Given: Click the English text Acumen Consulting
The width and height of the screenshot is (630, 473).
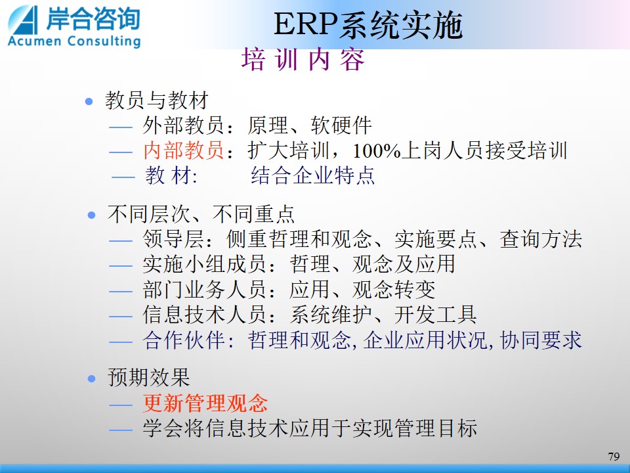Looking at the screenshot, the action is (x=74, y=41).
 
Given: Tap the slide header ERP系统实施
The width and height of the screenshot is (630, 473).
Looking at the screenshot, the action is (x=368, y=25).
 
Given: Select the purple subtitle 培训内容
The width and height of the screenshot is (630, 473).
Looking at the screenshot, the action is (x=303, y=60).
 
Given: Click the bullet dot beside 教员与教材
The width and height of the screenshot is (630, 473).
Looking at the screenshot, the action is (x=89, y=101).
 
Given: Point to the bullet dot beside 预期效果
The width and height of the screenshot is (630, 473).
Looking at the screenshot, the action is (x=92, y=378).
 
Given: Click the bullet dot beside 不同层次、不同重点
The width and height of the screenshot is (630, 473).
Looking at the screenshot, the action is (x=92, y=215).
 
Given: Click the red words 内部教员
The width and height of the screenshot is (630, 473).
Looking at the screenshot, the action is (x=184, y=150).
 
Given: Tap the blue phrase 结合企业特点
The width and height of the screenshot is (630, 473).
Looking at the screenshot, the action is (x=312, y=175).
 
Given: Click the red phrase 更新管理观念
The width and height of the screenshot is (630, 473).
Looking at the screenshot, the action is (x=205, y=403).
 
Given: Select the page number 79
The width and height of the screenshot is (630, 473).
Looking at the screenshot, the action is (x=614, y=457).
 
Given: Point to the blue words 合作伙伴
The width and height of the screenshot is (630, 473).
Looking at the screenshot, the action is (x=184, y=340).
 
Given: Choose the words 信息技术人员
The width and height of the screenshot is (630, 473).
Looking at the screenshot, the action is (x=204, y=315).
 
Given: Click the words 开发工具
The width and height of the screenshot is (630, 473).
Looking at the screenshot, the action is (x=436, y=315).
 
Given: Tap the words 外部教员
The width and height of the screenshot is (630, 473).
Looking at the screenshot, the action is (x=183, y=125).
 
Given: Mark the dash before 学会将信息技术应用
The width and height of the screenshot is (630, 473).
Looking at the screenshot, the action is (x=121, y=430).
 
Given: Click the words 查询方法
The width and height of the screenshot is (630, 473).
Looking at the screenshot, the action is (x=541, y=239).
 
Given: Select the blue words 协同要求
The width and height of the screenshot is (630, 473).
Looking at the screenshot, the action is (x=541, y=340).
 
